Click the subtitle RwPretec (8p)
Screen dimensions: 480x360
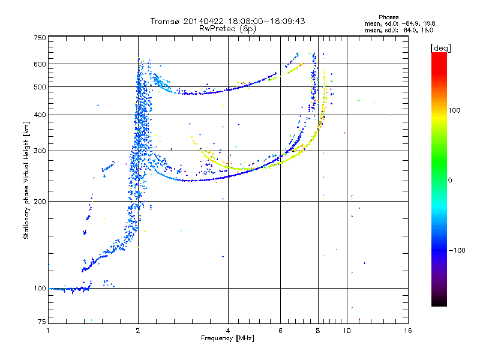(x=227, y=29)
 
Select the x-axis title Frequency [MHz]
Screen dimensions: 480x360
(x=227, y=338)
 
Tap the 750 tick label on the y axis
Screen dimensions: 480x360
(x=40, y=38)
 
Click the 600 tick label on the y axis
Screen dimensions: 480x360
(x=40, y=64)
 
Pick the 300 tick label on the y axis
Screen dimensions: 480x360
(x=40, y=151)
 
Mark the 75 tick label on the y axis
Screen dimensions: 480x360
(x=42, y=322)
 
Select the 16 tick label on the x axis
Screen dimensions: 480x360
(x=407, y=331)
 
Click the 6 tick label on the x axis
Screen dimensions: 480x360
(x=280, y=331)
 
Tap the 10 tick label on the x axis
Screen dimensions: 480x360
(x=347, y=331)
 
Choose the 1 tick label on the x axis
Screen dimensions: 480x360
(x=49, y=331)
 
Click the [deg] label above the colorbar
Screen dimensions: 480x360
(x=440, y=48)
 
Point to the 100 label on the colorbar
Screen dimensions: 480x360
(x=454, y=110)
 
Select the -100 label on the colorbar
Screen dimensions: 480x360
(x=457, y=250)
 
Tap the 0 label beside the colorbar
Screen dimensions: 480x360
(x=450, y=181)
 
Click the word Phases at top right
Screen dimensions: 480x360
(x=388, y=17)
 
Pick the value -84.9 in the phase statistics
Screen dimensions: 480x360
(x=410, y=23)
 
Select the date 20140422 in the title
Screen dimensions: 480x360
(x=204, y=21)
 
